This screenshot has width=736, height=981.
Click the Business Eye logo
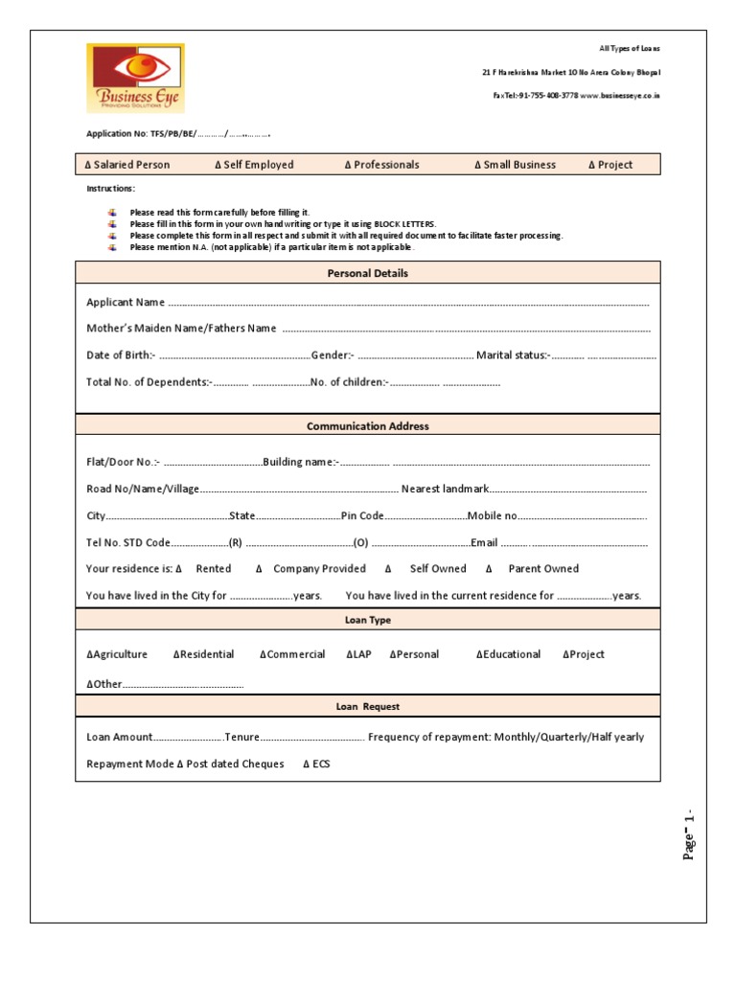click(x=134, y=78)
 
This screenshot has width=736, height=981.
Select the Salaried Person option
click(x=127, y=165)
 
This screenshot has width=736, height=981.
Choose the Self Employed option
click(x=254, y=165)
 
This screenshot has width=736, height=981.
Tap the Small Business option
click(x=515, y=165)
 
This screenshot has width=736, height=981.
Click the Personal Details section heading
click(x=367, y=273)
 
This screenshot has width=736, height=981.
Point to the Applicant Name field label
click(x=126, y=303)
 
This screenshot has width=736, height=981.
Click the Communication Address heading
click(x=367, y=426)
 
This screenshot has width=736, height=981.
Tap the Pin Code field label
click(x=362, y=515)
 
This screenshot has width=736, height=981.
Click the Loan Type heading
click(x=367, y=621)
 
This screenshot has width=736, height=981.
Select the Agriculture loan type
click(x=117, y=654)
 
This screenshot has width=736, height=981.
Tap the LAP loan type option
click(x=357, y=654)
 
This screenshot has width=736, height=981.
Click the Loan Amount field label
click(x=119, y=738)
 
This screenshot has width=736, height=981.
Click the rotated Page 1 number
click(x=688, y=834)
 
